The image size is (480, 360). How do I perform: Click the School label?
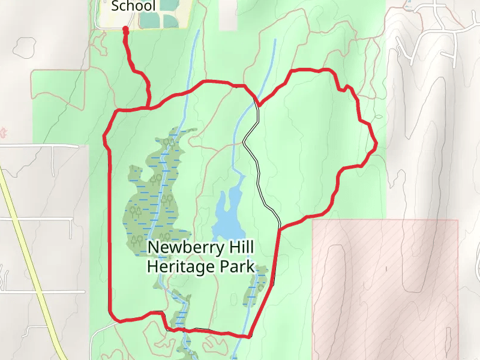(x=133, y=7)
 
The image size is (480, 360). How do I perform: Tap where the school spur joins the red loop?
(x=148, y=107)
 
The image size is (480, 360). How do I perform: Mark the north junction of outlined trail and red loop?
(x=257, y=104)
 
